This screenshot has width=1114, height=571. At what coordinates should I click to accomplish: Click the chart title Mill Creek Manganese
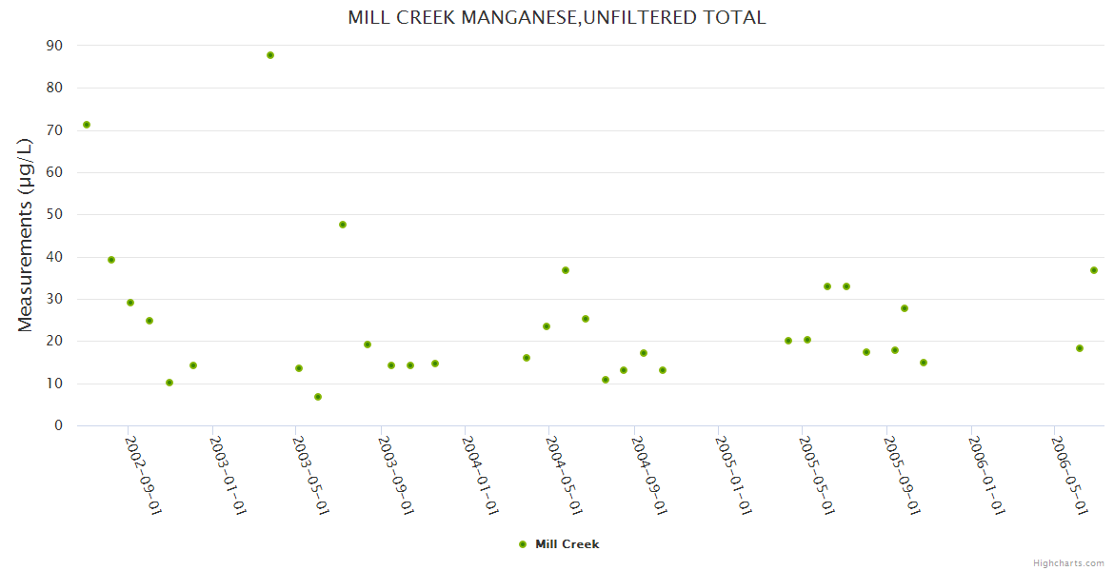(556, 17)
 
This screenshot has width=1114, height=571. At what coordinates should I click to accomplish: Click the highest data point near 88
(270, 55)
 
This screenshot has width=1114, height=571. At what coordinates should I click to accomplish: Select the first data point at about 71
(87, 125)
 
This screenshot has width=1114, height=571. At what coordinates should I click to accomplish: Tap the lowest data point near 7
(318, 397)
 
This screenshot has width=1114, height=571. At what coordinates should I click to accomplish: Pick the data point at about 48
(343, 225)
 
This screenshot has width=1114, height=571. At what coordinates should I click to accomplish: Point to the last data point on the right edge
(1094, 270)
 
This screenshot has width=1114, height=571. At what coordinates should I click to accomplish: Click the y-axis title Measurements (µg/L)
(26, 234)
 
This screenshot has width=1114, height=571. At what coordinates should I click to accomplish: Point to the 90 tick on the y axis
(54, 46)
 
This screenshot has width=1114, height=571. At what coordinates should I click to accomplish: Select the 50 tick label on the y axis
(54, 214)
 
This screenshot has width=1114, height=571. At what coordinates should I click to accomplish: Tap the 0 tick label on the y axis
(59, 425)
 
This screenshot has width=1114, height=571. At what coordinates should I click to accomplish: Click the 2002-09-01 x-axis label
(144, 475)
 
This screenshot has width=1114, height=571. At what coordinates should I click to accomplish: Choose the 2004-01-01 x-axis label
(481, 475)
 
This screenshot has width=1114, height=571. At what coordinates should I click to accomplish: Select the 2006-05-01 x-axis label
(1069, 475)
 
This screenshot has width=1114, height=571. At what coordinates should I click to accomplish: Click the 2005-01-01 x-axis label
(733, 475)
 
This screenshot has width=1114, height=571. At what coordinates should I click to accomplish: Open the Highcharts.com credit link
(1068, 563)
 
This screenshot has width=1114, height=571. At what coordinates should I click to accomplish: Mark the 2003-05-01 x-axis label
(311, 475)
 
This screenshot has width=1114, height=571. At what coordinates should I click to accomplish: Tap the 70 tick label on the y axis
(54, 130)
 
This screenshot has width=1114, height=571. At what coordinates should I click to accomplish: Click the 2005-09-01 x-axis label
(902, 475)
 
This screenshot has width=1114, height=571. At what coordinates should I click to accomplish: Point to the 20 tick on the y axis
(54, 341)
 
